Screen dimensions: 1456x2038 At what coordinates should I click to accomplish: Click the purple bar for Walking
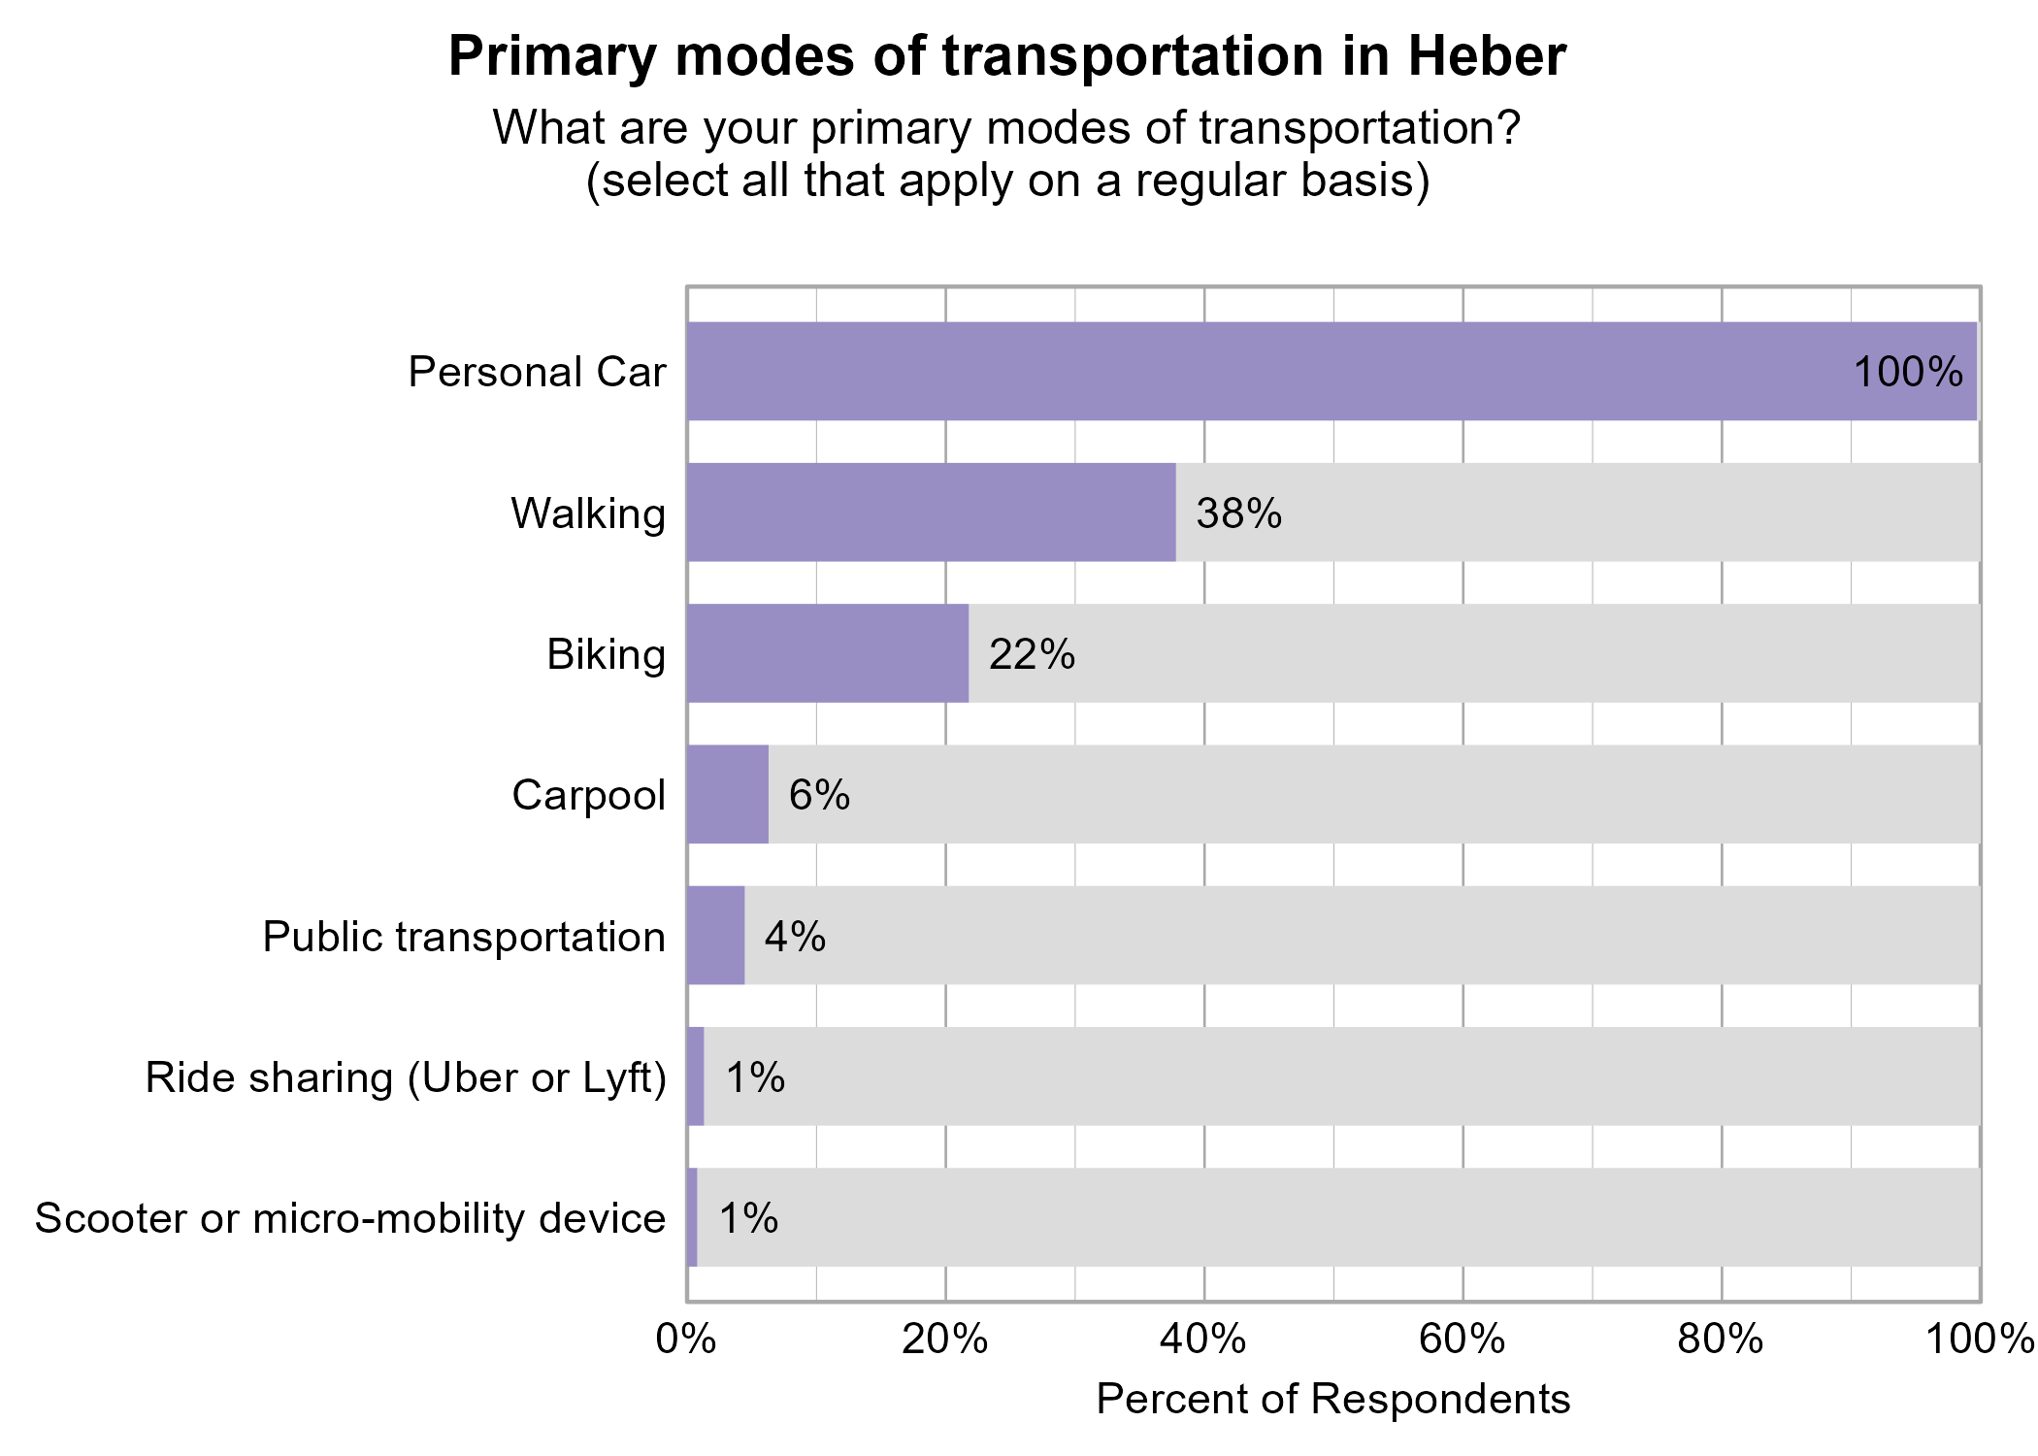931,512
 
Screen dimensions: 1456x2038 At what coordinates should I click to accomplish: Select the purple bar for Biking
827,653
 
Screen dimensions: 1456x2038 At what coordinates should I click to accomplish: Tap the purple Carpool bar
727,794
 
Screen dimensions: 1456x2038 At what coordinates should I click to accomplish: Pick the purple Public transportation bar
715,935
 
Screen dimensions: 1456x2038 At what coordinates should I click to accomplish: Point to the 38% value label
1238,513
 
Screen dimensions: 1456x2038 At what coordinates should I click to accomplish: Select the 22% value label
1032,654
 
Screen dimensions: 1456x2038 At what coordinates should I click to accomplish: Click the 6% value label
819,795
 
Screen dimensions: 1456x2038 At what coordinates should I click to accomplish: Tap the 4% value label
795,937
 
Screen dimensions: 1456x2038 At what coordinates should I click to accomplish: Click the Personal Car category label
537,372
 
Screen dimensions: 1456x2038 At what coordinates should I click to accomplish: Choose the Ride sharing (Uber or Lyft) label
406,1077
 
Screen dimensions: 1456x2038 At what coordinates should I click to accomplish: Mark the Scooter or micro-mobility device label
350,1218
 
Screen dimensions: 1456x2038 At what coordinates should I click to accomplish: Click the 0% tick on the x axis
686,1340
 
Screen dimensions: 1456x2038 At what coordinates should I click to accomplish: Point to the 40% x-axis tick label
1203,1340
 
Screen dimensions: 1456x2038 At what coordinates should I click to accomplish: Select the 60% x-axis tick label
1462,1340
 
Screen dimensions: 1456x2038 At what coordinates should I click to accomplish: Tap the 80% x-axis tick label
1721,1340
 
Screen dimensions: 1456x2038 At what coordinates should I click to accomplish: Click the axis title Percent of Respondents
1332,1399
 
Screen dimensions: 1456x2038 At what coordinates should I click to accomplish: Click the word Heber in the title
1486,56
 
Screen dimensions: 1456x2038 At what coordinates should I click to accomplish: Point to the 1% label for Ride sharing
755,1077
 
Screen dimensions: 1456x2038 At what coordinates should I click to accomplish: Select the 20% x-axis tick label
944,1340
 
